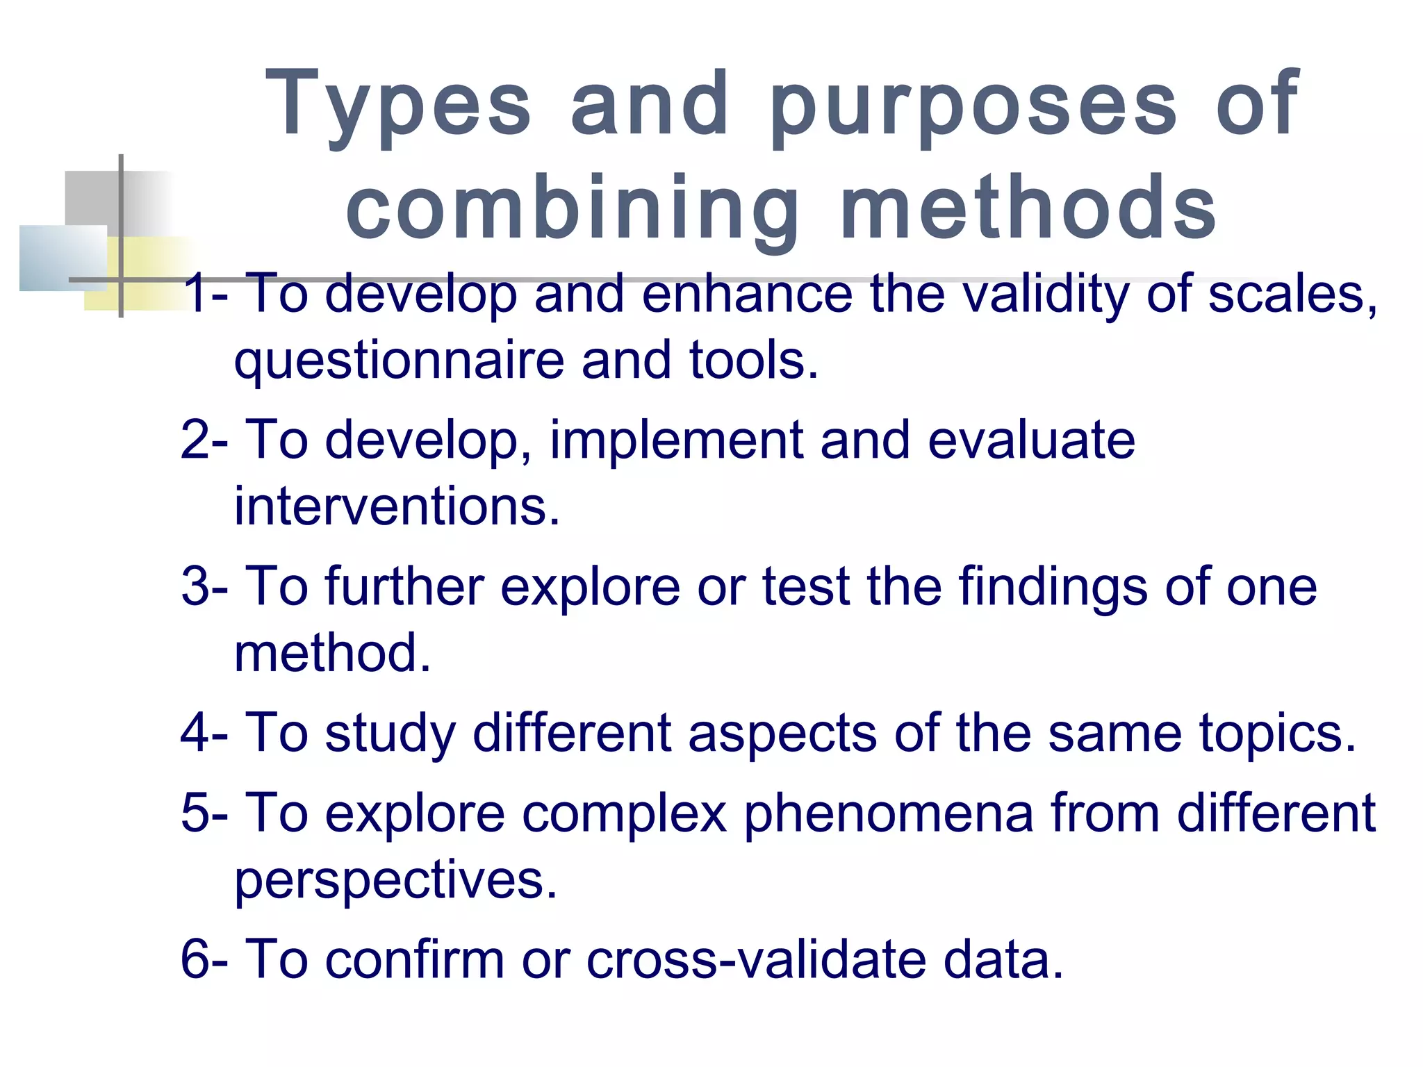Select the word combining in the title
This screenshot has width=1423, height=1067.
573,208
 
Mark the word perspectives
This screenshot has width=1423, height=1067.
395,881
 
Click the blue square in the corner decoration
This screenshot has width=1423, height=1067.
63,258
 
